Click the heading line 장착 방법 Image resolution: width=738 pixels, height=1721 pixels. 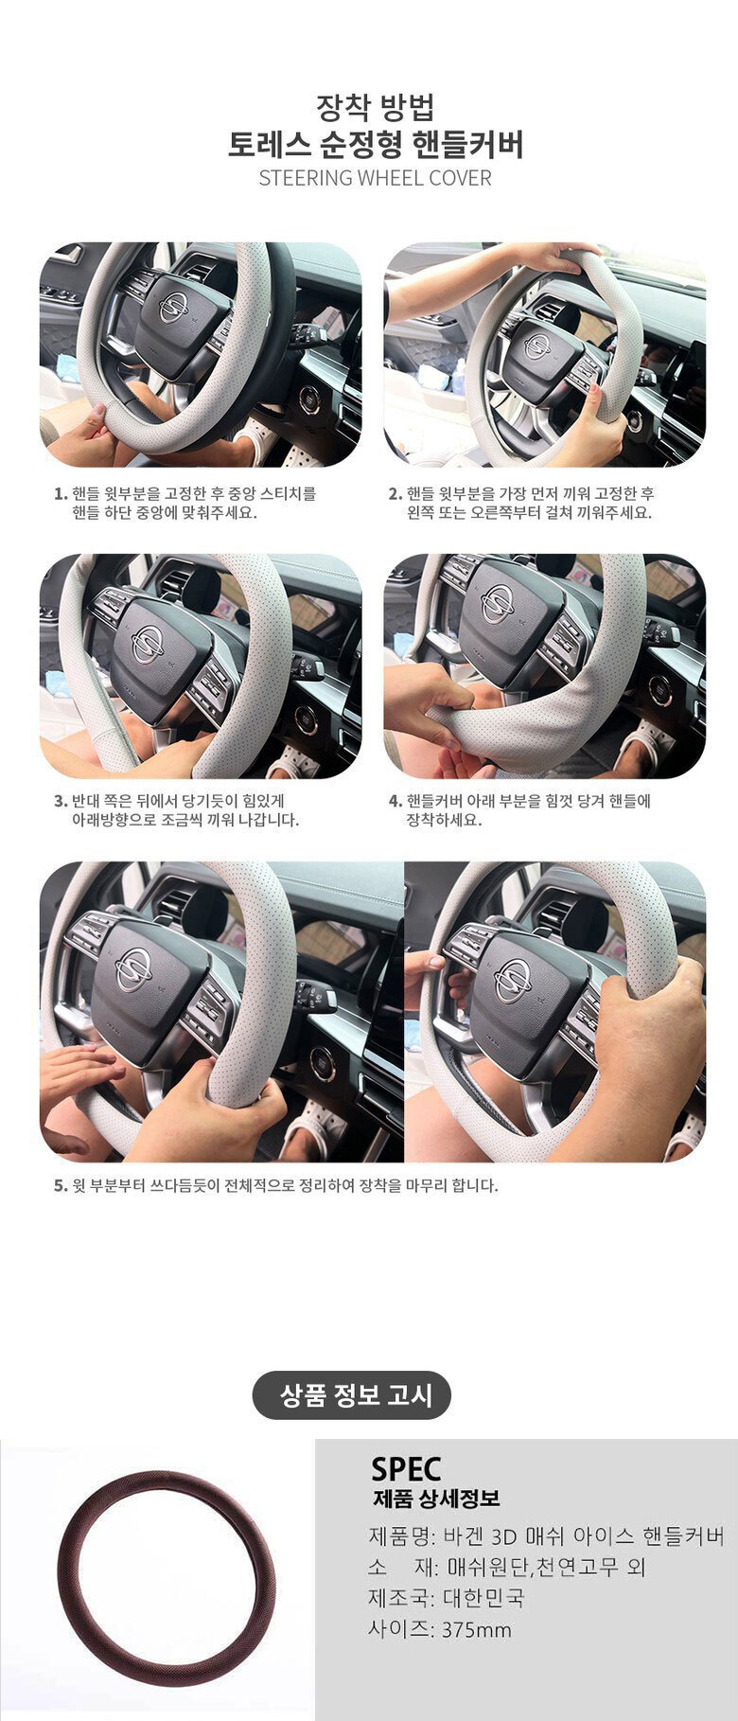click(x=376, y=106)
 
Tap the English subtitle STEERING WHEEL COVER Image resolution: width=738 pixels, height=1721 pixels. click(x=376, y=178)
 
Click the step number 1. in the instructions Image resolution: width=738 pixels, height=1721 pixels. click(x=61, y=494)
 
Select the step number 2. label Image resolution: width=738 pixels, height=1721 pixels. click(x=395, y=494)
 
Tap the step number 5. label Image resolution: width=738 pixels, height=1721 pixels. click(x=61, y=1185)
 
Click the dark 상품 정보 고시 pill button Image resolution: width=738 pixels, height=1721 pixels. click(x=352, y=1394)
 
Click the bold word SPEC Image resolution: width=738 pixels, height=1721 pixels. click(x=406, y=1468)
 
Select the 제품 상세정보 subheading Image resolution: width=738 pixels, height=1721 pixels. click(x=436, y=1499)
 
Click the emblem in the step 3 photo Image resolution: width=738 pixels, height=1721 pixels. click(x=147, y=645)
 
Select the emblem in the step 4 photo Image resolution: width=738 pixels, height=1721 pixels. click(x=498, y=604)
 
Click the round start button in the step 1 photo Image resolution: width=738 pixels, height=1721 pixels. click(x=308, y=400)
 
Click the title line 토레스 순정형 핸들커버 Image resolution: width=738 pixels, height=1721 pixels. click(x=376, y=145)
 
